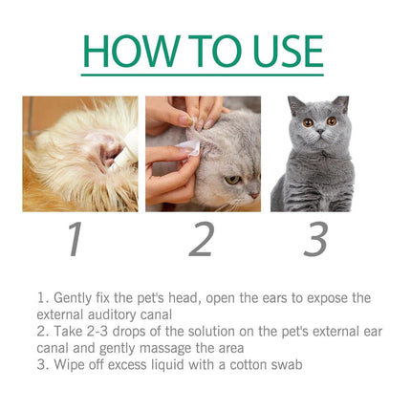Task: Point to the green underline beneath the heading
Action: point(204,75)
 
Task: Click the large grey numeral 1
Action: point(74,239)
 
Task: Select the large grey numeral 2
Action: point(201,239)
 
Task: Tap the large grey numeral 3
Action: point(315,239)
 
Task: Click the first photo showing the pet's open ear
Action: point(80,153)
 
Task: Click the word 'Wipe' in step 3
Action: point(67,363)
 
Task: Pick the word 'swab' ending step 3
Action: point(289,363)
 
